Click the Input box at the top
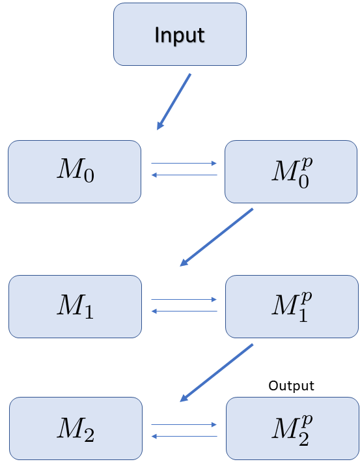click(x=180, y=34)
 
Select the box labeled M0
click(x=74, y=171)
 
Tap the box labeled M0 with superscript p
click(x=291, y=171)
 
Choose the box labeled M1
click(x=75, y=306)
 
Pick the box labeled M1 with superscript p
click(x=291, y=306)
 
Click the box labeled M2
click(x=76, y=428)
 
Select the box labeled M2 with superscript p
click(x=292, y=428)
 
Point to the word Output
click(x=291, y=386)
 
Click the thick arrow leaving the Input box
click(x=174, y=101)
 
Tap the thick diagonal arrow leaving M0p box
click(x=216, y=237)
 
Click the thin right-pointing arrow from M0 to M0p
click(x=184, y=164)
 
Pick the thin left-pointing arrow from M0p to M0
click(x=184, y=175)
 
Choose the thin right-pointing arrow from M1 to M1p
click(x=184, y=300)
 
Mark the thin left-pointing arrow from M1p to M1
click(x=184, y=311)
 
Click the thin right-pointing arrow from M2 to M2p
click(x=184, y=424)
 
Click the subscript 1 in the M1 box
click(x=88, y=313)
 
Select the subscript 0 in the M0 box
click(x=87, y=177)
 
